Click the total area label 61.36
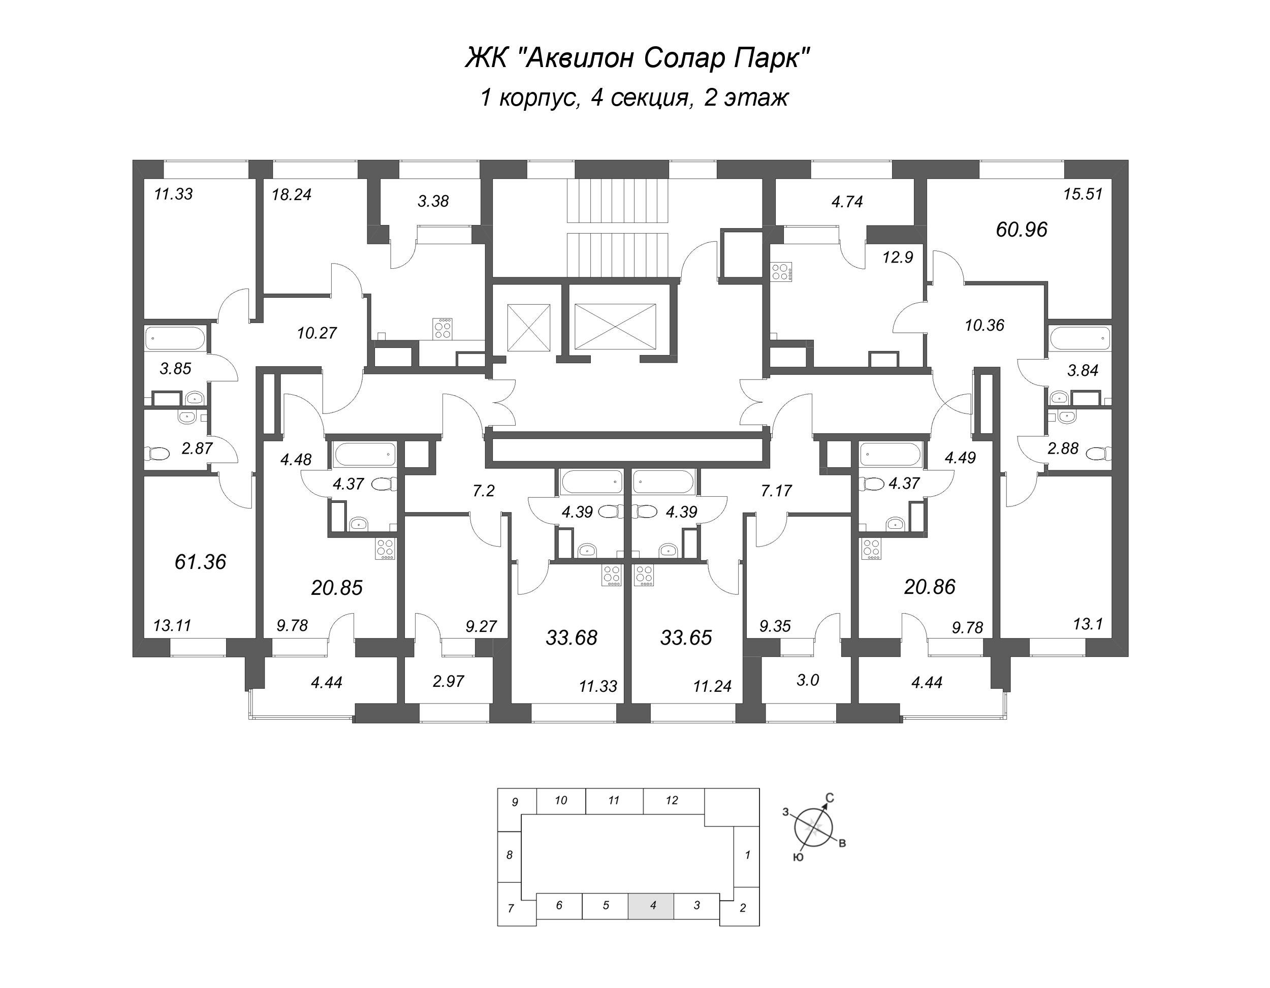tap(200, 562)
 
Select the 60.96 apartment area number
tap(1021, 230)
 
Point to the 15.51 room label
tap(1083, 194)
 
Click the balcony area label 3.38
tap(433, 201)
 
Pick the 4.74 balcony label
tap(847, 202)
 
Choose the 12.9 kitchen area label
tap(897, 257)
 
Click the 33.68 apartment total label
tap(571, 638)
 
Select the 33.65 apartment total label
tap(686, 638)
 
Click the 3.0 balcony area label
tap(807, 680)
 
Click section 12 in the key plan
tap(672, 801)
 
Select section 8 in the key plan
tap(510, 855)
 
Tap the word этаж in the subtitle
tap(755, 98)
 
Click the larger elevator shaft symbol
tap(615, 326)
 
